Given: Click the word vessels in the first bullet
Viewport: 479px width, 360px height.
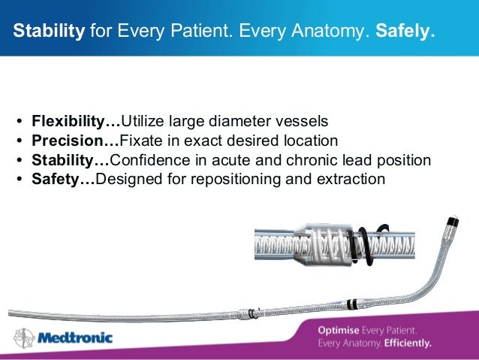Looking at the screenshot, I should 302,121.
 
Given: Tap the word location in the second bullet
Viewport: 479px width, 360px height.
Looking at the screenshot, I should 309,141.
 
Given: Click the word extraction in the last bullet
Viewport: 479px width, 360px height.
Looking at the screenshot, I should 352,180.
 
